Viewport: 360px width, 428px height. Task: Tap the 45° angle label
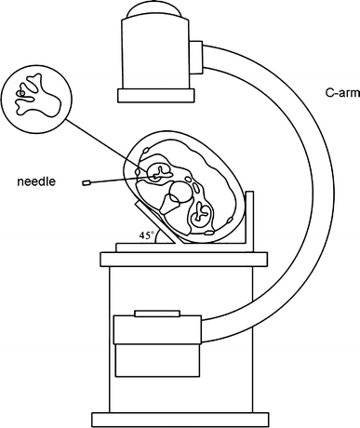point(146,236)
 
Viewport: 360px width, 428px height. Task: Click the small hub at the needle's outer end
point(86,182)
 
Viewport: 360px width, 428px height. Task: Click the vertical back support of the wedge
point(249,219)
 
